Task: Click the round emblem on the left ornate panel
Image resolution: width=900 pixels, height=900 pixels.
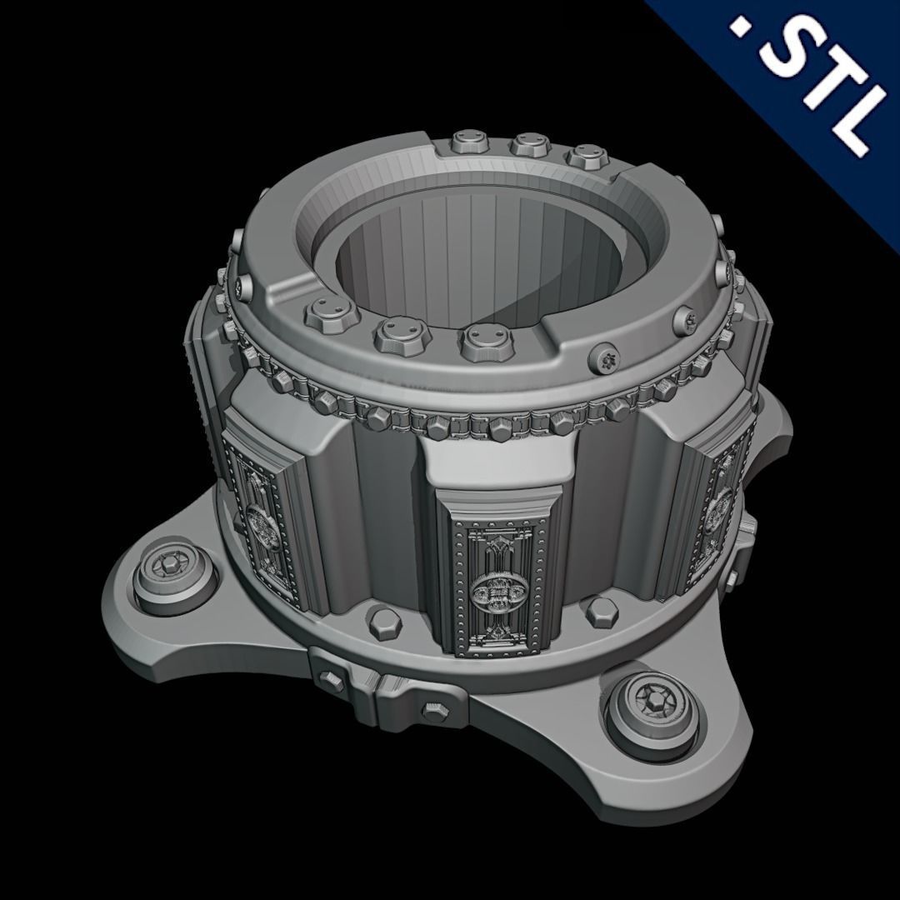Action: point(260,524)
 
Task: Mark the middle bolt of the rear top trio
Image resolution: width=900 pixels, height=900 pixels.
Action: point(527,147)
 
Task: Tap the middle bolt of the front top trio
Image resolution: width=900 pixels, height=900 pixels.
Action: point(397,332)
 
